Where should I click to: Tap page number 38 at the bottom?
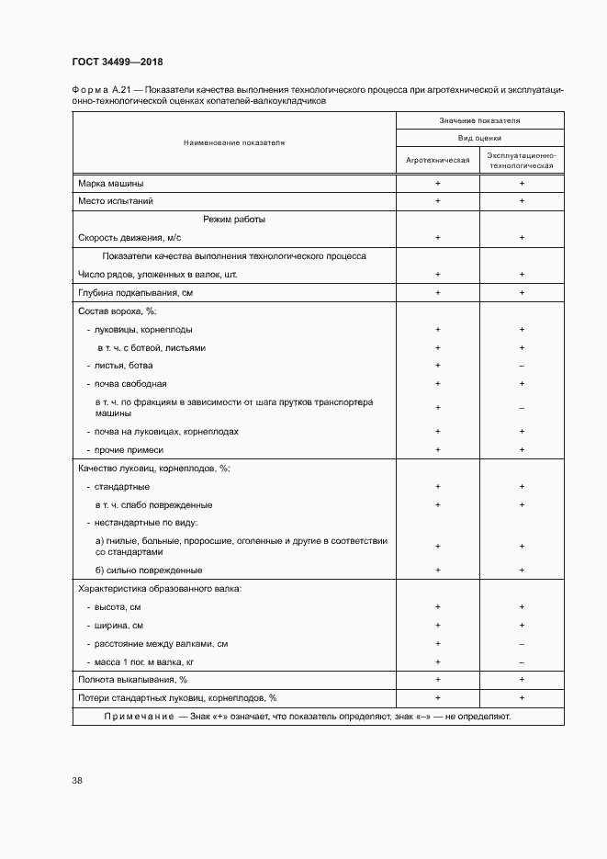pyautogui.click(x=77, y=780)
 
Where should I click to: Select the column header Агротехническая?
pyautogui.click(x=438, y=159)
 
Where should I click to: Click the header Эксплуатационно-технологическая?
pyautogui.click(x=522, y=159)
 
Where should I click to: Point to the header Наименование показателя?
pyautogui.click(x=234, y=143)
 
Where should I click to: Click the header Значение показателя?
pyautogui.click(x=479, y=120)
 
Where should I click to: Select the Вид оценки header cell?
pyautogui.click(x=479, y=137)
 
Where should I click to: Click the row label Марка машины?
pyautogui.click(x=111, y=183)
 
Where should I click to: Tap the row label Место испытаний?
pyautogui.click(x=116, y=200)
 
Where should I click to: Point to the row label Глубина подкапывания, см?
pyautogui.click(x=136, y=293)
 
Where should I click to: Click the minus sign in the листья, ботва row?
pyautogui.click(x=522, y=366)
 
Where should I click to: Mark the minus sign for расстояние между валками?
pyautogui.click(x=522, y=643)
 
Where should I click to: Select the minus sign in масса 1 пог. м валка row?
pyautogui.click(x=522, y=661)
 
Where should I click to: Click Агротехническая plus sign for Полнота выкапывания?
pyautogui.click(x=438, y=679)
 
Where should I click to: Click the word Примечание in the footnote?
pyautogui.click(x=139, y=716)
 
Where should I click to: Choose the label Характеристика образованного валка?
pyautogui.click(x=160, y=588)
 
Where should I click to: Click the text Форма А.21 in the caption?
pyautogui.click(x=97, y=90)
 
